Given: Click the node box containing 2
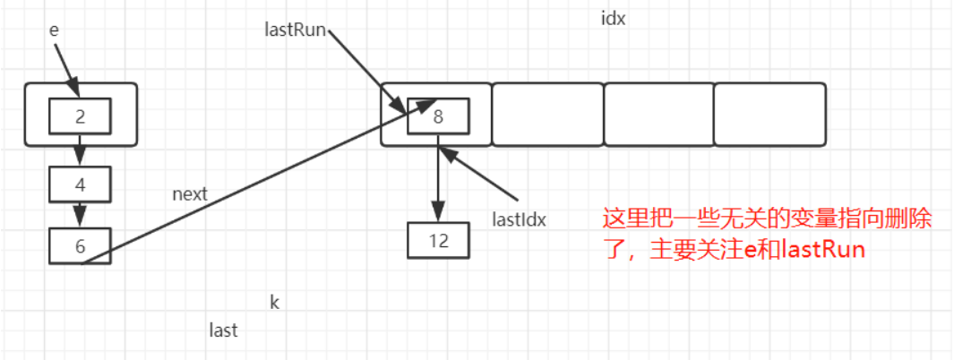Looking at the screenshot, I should click(80, 115).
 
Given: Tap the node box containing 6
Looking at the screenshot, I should click(80, 245).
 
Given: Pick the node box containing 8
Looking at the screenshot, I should click(437, 116).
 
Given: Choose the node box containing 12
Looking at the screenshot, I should click(437, 239).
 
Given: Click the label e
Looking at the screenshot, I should click(54, 30).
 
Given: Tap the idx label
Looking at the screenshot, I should click(613, 18).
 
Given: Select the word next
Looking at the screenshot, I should click(190, 193).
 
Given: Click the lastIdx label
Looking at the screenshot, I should click(520, 218).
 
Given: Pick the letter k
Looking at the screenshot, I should click(275, 302).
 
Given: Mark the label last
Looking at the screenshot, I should click(223, 330).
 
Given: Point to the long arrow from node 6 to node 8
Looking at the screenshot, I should click(269, 179).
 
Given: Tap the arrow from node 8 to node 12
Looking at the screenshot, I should click(437, 179).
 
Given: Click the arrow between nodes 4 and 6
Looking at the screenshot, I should click(80, 214).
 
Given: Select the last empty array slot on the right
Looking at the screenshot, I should click(769, 115).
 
